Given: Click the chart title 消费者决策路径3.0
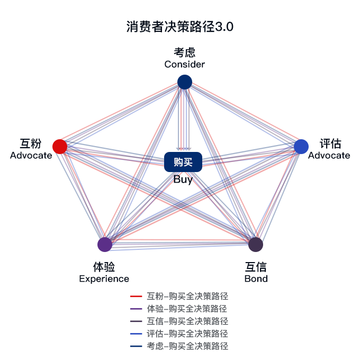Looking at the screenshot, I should coord(180,26).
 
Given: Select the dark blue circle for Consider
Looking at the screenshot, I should coord(184,82).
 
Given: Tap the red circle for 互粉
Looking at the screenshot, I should coord(60,146).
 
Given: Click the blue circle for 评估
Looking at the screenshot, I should coord(301,146).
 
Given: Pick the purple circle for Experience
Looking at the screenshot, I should coord(105,244).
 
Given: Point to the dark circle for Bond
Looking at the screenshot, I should coord(256,244).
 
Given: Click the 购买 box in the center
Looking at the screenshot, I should coord(183,162).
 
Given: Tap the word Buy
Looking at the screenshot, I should coord(183,179).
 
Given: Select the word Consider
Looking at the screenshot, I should coord(184,65).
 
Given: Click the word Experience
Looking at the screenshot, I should coord(104,278).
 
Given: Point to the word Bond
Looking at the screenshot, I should coord(256,278).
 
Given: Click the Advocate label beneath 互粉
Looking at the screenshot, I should coord(31,155).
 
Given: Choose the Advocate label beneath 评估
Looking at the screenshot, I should coord(329,155).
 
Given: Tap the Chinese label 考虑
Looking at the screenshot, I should coord(184,52).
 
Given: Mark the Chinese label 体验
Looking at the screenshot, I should coord(104,266).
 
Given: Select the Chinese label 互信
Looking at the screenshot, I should coord(256,266).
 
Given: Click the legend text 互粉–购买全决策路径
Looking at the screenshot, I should coord(187,296).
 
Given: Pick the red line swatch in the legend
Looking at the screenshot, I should coord(136,296).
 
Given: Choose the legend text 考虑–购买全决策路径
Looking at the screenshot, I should coord(187,346).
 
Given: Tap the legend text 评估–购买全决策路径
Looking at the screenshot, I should coord(187,334).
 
